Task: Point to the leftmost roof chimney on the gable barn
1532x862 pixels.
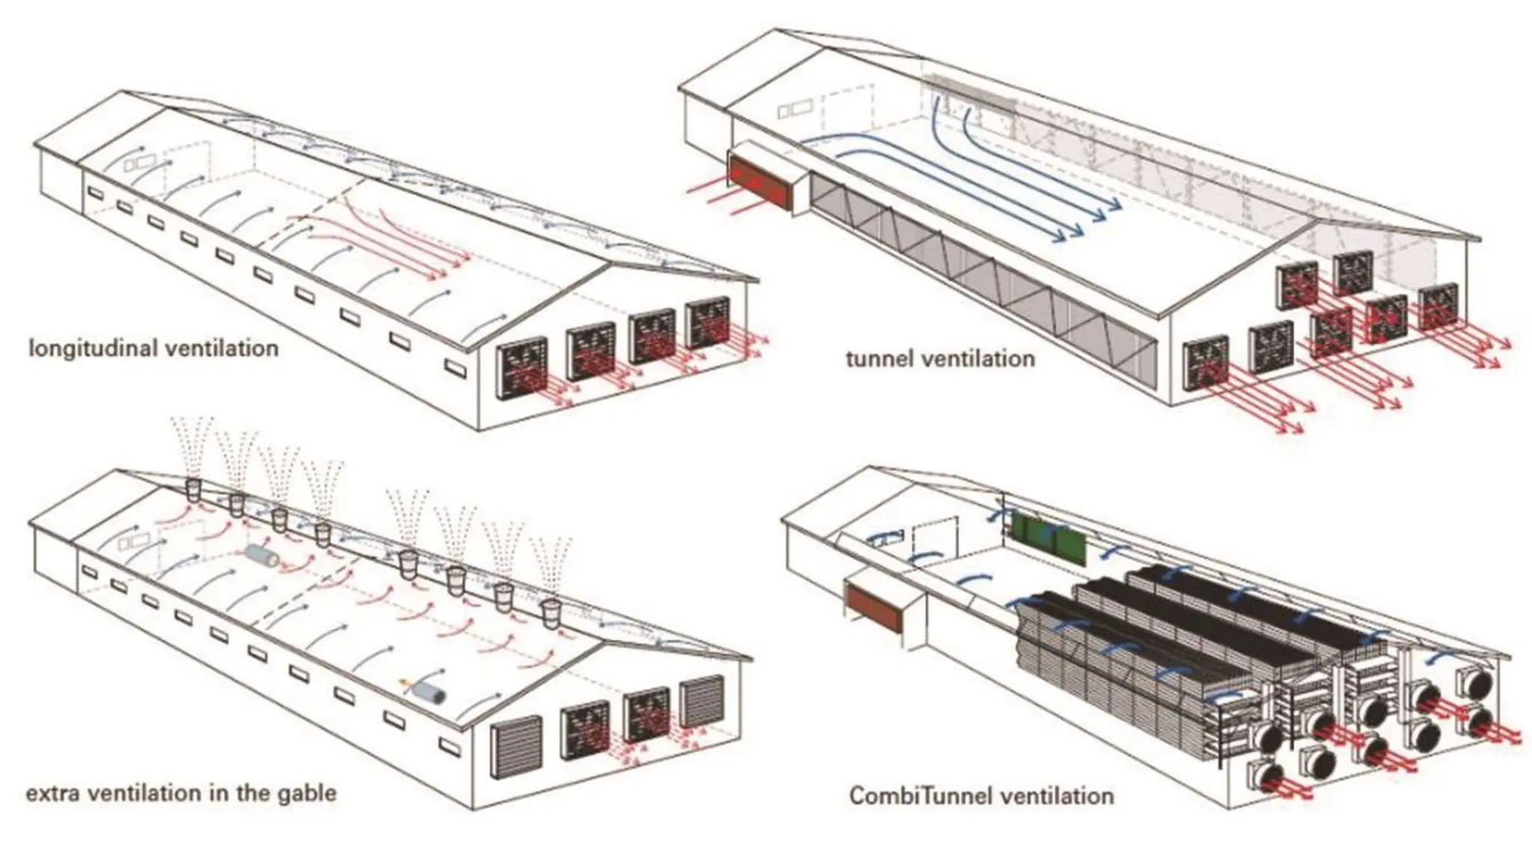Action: pyautogui.click(x=194, y=491)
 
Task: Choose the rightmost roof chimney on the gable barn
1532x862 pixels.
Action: pyautogui.click(x=552, y=612)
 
